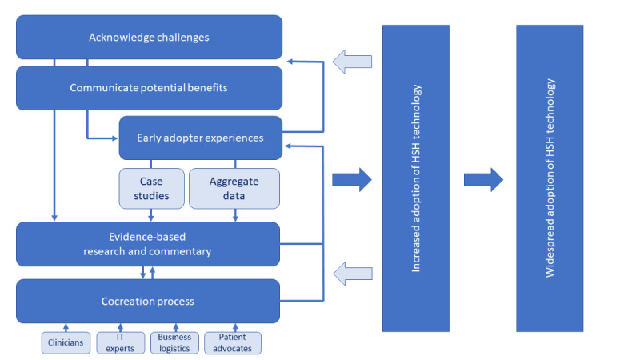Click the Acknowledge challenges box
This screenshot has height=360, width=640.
tap(149, 37)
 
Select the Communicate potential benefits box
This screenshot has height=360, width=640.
tap(149, 88)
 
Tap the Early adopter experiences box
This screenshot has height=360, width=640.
tap(201, 138)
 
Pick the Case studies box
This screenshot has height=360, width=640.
tap(151, 189)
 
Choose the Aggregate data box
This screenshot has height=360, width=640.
tap(234, 189)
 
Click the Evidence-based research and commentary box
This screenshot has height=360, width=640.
tap(148, 244)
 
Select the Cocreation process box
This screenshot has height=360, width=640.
tap(148, 302)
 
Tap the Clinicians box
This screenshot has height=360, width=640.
tap(66, 343)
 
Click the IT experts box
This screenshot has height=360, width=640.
tap(121, 343)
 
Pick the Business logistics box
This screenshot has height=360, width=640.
tap(174, 343)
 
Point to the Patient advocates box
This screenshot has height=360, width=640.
tap(233, 343)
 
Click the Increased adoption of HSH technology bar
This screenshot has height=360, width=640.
tap(416, 178)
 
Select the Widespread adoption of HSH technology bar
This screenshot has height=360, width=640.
tap(550, 178)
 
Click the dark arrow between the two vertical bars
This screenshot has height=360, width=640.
tap(483, 179)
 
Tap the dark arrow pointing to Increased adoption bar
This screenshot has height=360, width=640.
tap(352, 179)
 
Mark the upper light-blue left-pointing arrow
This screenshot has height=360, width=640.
tap(352, 62)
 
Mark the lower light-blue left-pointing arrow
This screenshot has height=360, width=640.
tap(353, 274)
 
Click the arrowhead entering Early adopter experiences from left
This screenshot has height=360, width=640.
tap(115, 138)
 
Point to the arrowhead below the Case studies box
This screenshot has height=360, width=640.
tap(151, 218)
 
